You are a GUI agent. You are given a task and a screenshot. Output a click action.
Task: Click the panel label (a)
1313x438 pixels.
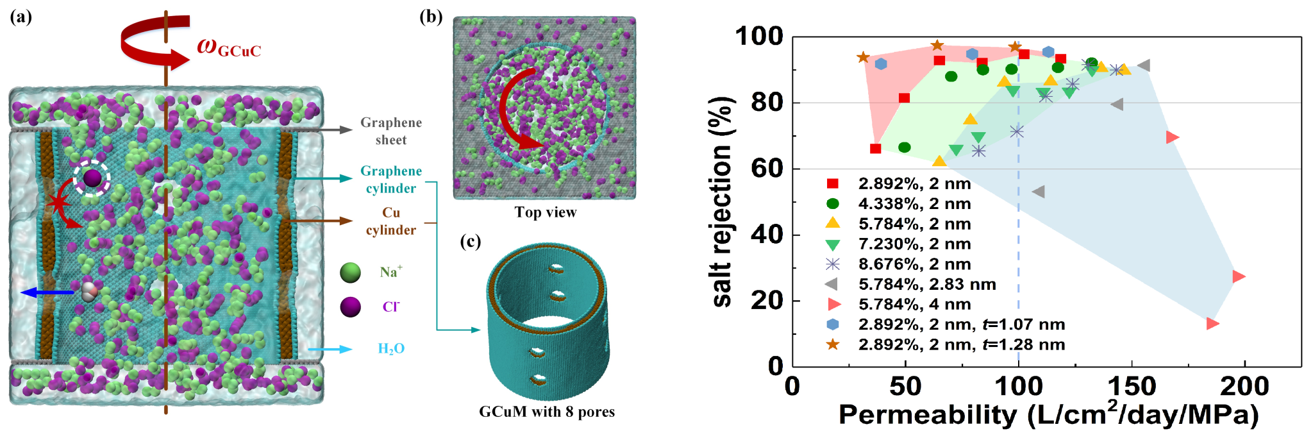(x=21, y=17)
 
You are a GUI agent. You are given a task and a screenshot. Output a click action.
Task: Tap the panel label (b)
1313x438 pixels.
(x=431, y=17)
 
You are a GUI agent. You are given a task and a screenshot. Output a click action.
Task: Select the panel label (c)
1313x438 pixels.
(x=470, y=242)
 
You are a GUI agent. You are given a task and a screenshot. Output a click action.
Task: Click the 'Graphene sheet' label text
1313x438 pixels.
(x=390, y=131)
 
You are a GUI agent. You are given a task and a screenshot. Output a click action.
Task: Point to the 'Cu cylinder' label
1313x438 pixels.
(x=390, y=221)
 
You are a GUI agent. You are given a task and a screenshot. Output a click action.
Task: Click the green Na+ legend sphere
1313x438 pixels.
(x=351, y=273)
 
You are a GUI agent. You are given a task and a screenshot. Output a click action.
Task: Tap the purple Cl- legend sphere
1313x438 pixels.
(x=351, y=307)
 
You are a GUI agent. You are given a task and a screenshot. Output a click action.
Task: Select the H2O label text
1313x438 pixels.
(x=390, y=349)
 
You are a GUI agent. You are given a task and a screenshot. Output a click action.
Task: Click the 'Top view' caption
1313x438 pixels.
(x=545, y=212)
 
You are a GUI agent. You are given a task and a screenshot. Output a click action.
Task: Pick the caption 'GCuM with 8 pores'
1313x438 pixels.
(x=546, y=412)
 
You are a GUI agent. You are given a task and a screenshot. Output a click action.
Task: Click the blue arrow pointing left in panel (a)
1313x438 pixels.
(x=47, y=292)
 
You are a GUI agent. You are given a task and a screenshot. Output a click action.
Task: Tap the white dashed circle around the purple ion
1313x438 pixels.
(x=92, y=178)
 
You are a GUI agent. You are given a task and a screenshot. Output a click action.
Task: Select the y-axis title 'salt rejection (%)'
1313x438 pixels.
(x=723, y=201)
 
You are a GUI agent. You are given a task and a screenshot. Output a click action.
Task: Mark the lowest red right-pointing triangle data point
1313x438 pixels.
(x=1212, y=324)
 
